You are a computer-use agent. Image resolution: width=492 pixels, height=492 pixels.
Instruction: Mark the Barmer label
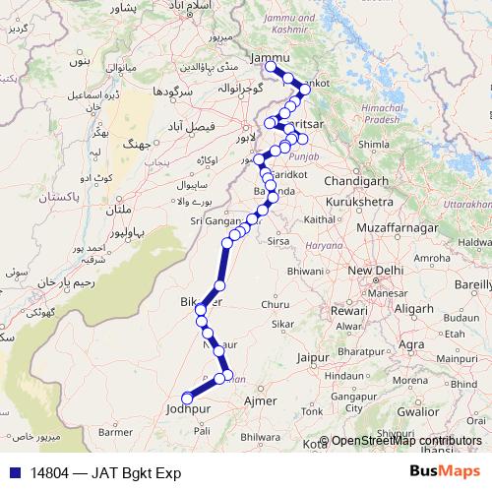tap(115, 431)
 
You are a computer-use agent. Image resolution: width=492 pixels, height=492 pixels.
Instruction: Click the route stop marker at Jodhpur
tap(185, 398)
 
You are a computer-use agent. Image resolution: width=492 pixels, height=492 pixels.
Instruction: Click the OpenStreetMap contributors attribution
tap(406, 442)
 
